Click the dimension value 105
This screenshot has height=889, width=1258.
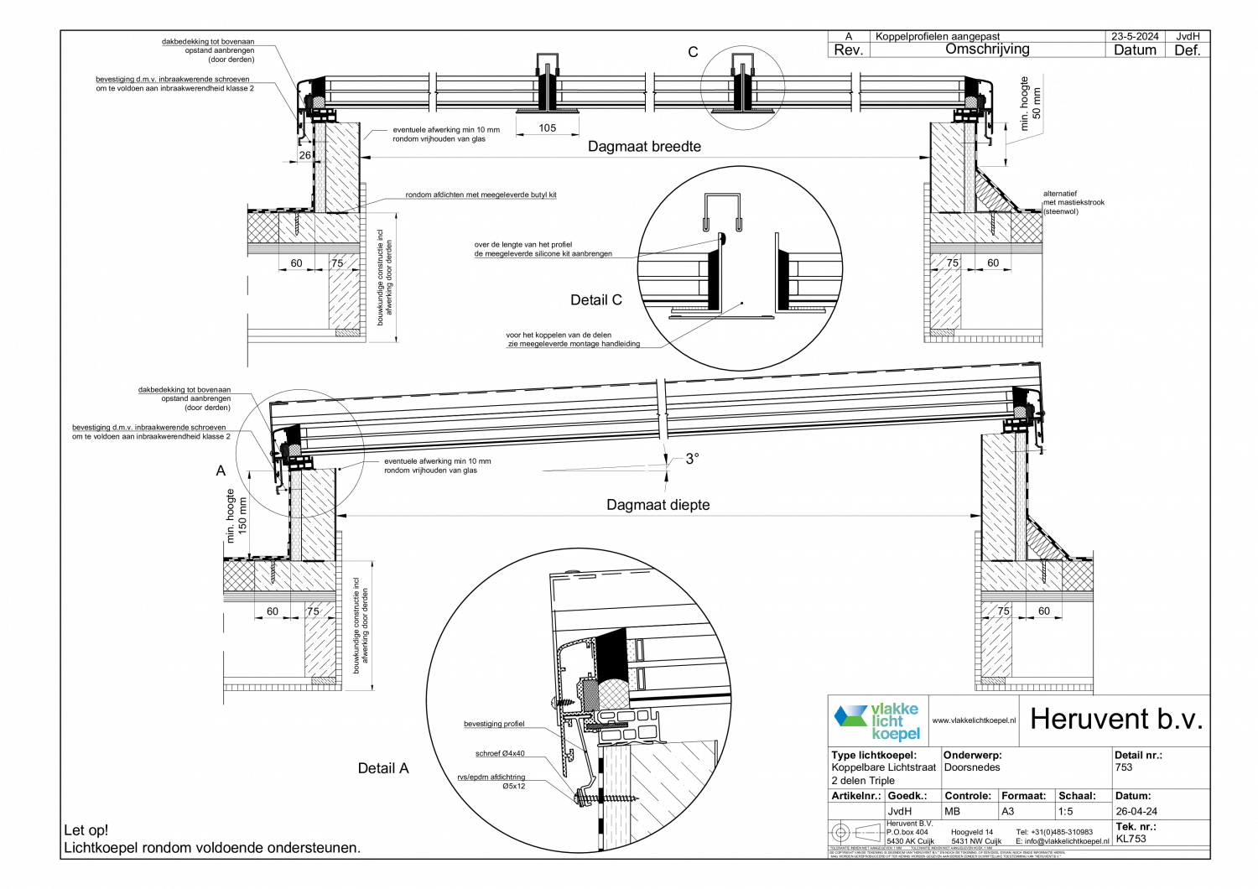click(548, 128)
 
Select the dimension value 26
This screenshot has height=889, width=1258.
click(305, 155)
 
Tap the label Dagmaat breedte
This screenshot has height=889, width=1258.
click(645, 147)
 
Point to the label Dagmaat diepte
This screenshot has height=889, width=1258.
click(658, 505)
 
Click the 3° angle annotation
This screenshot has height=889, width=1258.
click(692, 458)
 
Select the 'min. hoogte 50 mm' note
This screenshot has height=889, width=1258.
click(1030, 103)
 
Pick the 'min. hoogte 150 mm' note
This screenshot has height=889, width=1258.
click(237, 516)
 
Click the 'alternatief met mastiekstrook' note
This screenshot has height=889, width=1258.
click(1106, 202)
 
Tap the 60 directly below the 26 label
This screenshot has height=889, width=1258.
click(296, 263)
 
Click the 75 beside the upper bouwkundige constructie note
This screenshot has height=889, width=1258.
click(337, 263)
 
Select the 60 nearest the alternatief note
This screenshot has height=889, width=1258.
click(993, 263)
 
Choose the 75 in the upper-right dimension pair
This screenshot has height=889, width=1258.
click(953, 263)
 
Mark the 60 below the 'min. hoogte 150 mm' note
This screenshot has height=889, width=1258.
click(273, 611)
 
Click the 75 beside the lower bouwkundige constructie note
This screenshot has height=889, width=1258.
click(313, 611)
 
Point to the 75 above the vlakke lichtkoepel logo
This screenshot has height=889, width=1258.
click(1004, 611)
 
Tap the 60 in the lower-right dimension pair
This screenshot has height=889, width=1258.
click(1044, 611)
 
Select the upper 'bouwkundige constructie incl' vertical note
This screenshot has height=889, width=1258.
click(385, 278)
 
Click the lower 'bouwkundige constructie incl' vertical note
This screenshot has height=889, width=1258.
click(361, 626)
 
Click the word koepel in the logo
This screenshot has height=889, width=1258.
click(896, 735)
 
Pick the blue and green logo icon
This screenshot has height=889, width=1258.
click(850, 715)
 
